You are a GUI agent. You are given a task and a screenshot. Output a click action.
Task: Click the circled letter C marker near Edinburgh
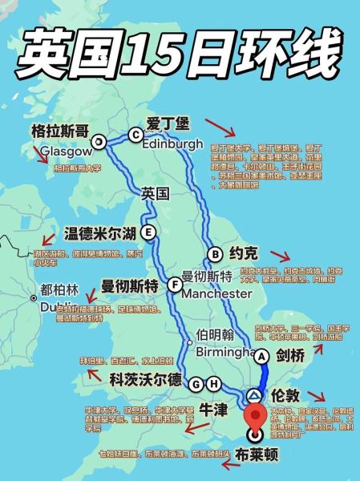tap(135, 135)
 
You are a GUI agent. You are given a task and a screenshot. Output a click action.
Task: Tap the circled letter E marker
tap(148, 232)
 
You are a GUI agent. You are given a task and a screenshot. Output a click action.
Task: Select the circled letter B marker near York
tap(214, 254)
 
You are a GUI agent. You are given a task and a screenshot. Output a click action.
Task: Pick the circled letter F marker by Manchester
tap(175, 284)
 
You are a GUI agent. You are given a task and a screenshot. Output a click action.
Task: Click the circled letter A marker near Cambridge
tap(262, 355)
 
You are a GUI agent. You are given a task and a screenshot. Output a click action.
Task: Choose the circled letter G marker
tap(195, 384)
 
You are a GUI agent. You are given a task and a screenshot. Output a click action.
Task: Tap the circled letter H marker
tap(213, 384)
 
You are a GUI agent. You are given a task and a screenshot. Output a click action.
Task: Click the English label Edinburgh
tap(172, 145)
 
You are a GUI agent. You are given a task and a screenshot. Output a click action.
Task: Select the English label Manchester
tap(217, 294)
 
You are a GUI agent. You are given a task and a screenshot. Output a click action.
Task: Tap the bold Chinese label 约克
tap(244, 254)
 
